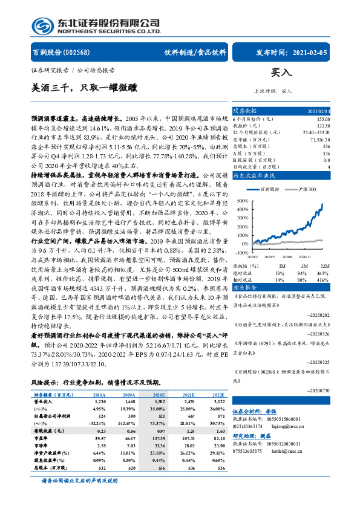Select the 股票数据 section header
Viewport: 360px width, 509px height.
[x=246, y=111]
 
